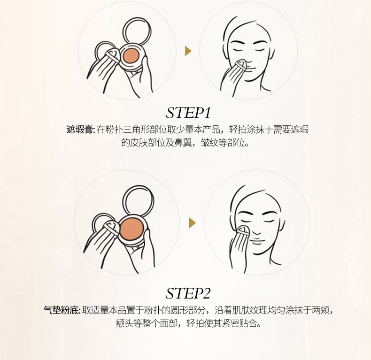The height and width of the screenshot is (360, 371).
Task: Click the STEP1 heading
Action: [188, 113]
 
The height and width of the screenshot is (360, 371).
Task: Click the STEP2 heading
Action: [188, 293]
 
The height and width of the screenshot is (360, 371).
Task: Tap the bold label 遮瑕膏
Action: [80, 130]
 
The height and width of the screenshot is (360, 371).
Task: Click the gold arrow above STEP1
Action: [188, 51]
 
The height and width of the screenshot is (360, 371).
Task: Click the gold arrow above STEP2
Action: [192, 223]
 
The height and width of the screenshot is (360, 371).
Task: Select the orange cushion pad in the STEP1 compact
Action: [131, 56]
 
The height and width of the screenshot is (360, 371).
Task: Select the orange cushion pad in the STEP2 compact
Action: [131, 229]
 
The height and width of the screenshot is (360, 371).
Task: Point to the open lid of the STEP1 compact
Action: [137, 31]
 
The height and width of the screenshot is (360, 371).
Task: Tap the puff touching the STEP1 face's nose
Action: [241, 66]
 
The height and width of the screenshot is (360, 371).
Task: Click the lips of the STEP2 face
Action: [257, 242]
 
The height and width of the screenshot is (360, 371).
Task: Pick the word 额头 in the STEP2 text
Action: [124, 323]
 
